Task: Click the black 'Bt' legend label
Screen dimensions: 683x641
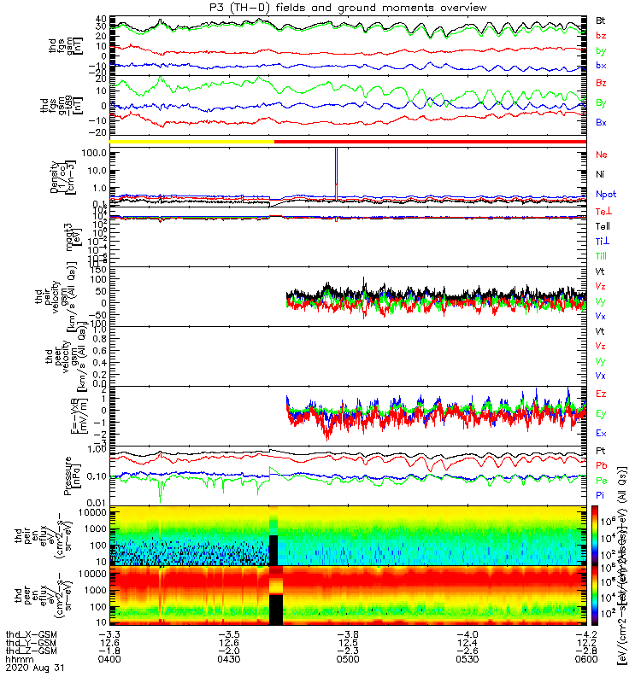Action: pos(601,20)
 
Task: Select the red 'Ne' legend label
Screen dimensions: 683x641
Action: pos(601,155)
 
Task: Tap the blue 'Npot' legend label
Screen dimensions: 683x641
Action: pos(604,195)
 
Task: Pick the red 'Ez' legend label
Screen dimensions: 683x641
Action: pos(601,394)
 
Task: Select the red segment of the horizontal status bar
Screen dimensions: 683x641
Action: pos(427,141)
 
